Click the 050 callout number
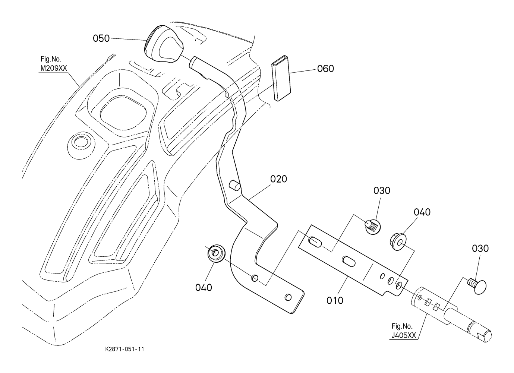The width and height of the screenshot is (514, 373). coord(101,38)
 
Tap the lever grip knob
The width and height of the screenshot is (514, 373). coord(164,44)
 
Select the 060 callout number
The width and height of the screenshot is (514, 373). coord(325,69)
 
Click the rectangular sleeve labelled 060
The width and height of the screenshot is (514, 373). coord(281,78)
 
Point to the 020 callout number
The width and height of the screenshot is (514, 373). coord(278,179)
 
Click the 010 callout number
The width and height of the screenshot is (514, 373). coord(335,300)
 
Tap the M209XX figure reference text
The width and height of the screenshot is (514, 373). coord(54,68)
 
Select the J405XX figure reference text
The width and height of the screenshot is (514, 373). coord(403,336)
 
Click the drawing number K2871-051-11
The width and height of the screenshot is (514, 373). coord(124,350)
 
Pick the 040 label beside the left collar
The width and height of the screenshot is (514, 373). coord(204,288)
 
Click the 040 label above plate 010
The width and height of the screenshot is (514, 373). coord(422,212)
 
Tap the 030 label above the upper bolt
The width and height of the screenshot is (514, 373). coord(382,191)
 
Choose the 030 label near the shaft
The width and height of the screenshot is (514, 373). coord(480,249)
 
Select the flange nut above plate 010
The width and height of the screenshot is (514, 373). coord(398,241)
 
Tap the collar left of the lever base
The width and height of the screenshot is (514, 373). coord(217,253)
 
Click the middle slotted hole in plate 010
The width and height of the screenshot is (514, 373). coord(349,262)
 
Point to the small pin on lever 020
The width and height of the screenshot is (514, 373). coord(235,185)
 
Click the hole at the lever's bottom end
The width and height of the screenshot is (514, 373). coord(288,297)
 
